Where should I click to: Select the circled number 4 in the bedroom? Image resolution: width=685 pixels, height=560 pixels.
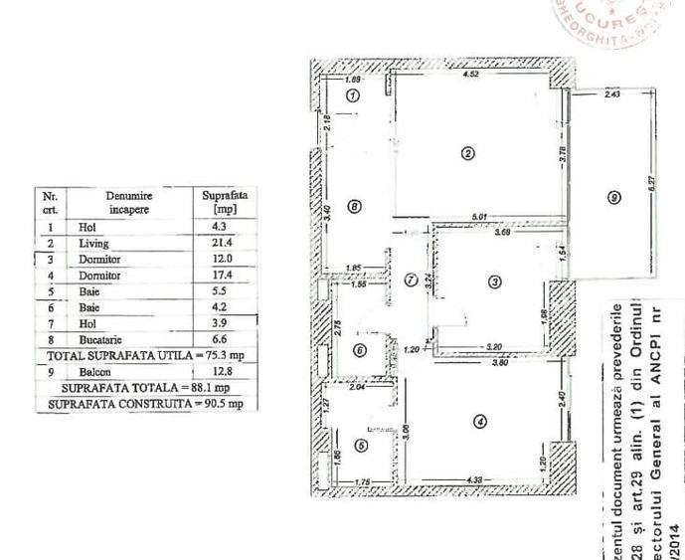pyautogui.click(x=480, y=421)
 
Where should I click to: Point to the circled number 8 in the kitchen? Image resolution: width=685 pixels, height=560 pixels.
pyautogui.click(x=354, y=206)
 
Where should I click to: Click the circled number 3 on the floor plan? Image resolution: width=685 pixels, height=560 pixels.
pyautogui.click(x=496, y=281)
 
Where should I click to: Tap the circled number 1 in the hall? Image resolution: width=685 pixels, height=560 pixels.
pyautogui.click(x=351, y=95)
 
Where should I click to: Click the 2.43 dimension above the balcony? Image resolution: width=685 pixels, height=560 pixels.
pyautogui.click(x=612, y=94)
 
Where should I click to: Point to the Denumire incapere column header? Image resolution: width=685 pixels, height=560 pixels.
pyautogui.click(x=130, y=203)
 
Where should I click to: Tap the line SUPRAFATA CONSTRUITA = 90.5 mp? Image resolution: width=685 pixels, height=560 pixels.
pyautogui.click(x=144, y=404)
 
